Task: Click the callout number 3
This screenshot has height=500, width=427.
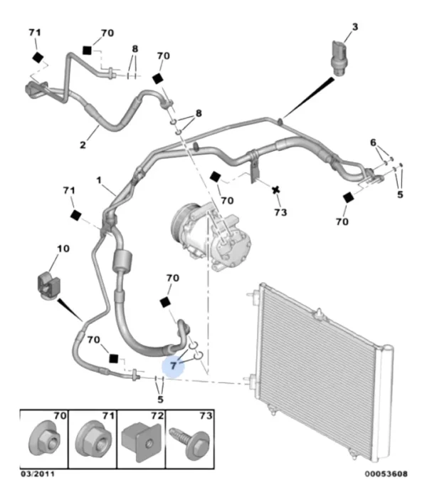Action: coord(354,27)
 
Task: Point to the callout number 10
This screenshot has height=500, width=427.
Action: coord(63,249)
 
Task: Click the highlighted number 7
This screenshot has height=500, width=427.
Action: coord(173,365)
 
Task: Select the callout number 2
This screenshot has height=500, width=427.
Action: coord(83,145)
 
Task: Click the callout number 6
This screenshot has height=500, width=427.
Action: coord(371,142)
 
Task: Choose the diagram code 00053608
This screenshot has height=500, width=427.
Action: coord(386,474)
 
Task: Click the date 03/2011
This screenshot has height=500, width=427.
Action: coord(35,474)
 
